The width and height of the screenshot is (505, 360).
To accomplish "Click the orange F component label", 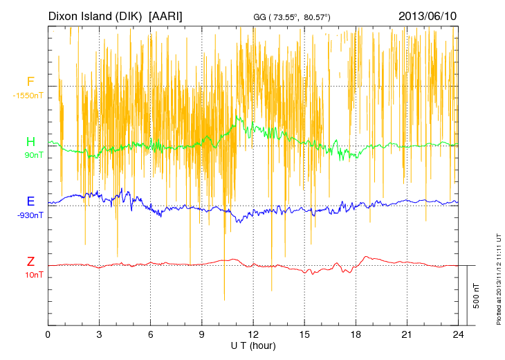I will (x=30, y=82).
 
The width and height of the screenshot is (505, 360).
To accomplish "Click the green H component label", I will (x=30, y=142).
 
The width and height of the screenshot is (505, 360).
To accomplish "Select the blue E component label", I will (x=30, y=201).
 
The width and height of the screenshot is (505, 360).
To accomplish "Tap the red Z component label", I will (x=30, y=262).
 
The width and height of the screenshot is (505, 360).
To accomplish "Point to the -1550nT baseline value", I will (x=28, y=96).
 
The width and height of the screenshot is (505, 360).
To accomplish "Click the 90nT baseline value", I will (x=34, y=155).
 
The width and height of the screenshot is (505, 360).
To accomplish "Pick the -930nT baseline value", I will (x=30, y=215).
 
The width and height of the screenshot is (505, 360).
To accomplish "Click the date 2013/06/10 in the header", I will (x=427, y=15).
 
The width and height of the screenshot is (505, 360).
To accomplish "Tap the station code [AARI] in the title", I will (x=166, y=15).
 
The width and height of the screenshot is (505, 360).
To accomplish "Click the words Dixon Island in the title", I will (x=96, y=15).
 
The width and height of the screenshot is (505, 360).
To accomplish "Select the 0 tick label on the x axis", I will (x=48, y=334).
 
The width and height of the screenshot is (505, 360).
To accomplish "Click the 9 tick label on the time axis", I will (x=202, y=334).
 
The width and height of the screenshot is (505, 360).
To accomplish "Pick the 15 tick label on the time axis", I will (x=304, y=334).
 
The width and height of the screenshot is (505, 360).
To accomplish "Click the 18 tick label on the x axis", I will (x=356, y=334).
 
